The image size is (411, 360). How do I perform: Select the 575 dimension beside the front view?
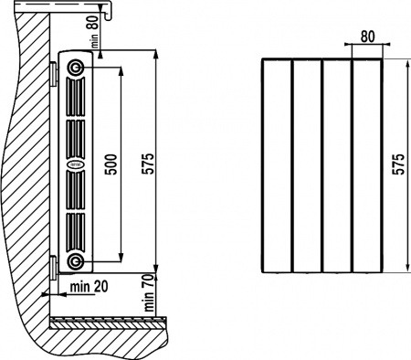(397, 164)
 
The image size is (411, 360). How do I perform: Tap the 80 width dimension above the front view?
(367, 37)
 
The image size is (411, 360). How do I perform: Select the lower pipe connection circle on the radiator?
(74, 264)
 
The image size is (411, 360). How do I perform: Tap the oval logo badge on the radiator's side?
(74, 165)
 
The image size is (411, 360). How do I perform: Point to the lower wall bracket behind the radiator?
(54, 266)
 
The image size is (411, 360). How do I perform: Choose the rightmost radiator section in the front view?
(366, 164)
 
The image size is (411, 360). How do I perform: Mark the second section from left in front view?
(307, 164)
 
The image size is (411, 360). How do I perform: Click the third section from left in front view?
(337, 164)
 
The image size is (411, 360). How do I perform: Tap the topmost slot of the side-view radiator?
(74, 96)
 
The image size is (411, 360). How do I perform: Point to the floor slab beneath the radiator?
(110, 323)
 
